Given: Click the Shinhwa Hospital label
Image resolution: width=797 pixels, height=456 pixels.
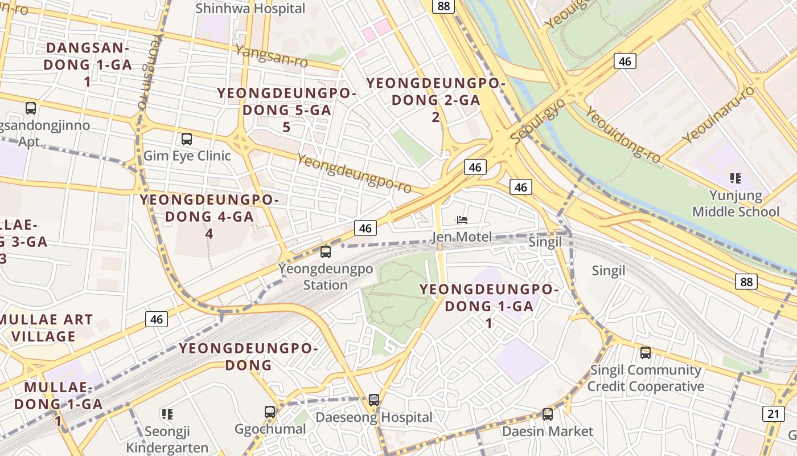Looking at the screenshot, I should coord(250,9).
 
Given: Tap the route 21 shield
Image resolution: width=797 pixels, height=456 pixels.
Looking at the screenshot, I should coord(773,414).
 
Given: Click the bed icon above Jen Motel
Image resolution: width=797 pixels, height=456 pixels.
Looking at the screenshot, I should coord(462,220).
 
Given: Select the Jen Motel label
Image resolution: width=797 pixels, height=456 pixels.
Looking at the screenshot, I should coord(462,237).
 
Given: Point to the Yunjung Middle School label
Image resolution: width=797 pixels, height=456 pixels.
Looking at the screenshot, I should coord(736,203).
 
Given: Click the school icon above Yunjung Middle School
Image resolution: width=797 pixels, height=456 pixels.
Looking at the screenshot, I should coord(736,178).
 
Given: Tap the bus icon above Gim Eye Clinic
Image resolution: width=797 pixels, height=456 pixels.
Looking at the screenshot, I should coord(186,139).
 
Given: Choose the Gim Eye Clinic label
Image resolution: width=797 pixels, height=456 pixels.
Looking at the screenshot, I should coord(187,156).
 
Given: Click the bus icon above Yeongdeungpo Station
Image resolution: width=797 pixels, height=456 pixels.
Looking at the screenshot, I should coord(326,251).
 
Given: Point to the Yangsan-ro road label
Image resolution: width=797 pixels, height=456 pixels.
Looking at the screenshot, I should coord(271,55).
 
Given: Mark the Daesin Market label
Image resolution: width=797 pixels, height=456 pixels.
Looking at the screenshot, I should coord(547,431).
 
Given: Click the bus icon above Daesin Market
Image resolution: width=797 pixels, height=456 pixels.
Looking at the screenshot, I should coord(548,414).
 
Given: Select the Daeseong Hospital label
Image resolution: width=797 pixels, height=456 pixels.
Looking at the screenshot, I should coord(374,417).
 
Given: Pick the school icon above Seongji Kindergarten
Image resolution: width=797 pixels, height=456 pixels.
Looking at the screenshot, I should coord(167,414).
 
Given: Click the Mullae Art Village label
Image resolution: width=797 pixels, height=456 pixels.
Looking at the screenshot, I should coord(43,328).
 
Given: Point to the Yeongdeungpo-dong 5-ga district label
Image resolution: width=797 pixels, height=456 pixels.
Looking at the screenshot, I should coord(286,110).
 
